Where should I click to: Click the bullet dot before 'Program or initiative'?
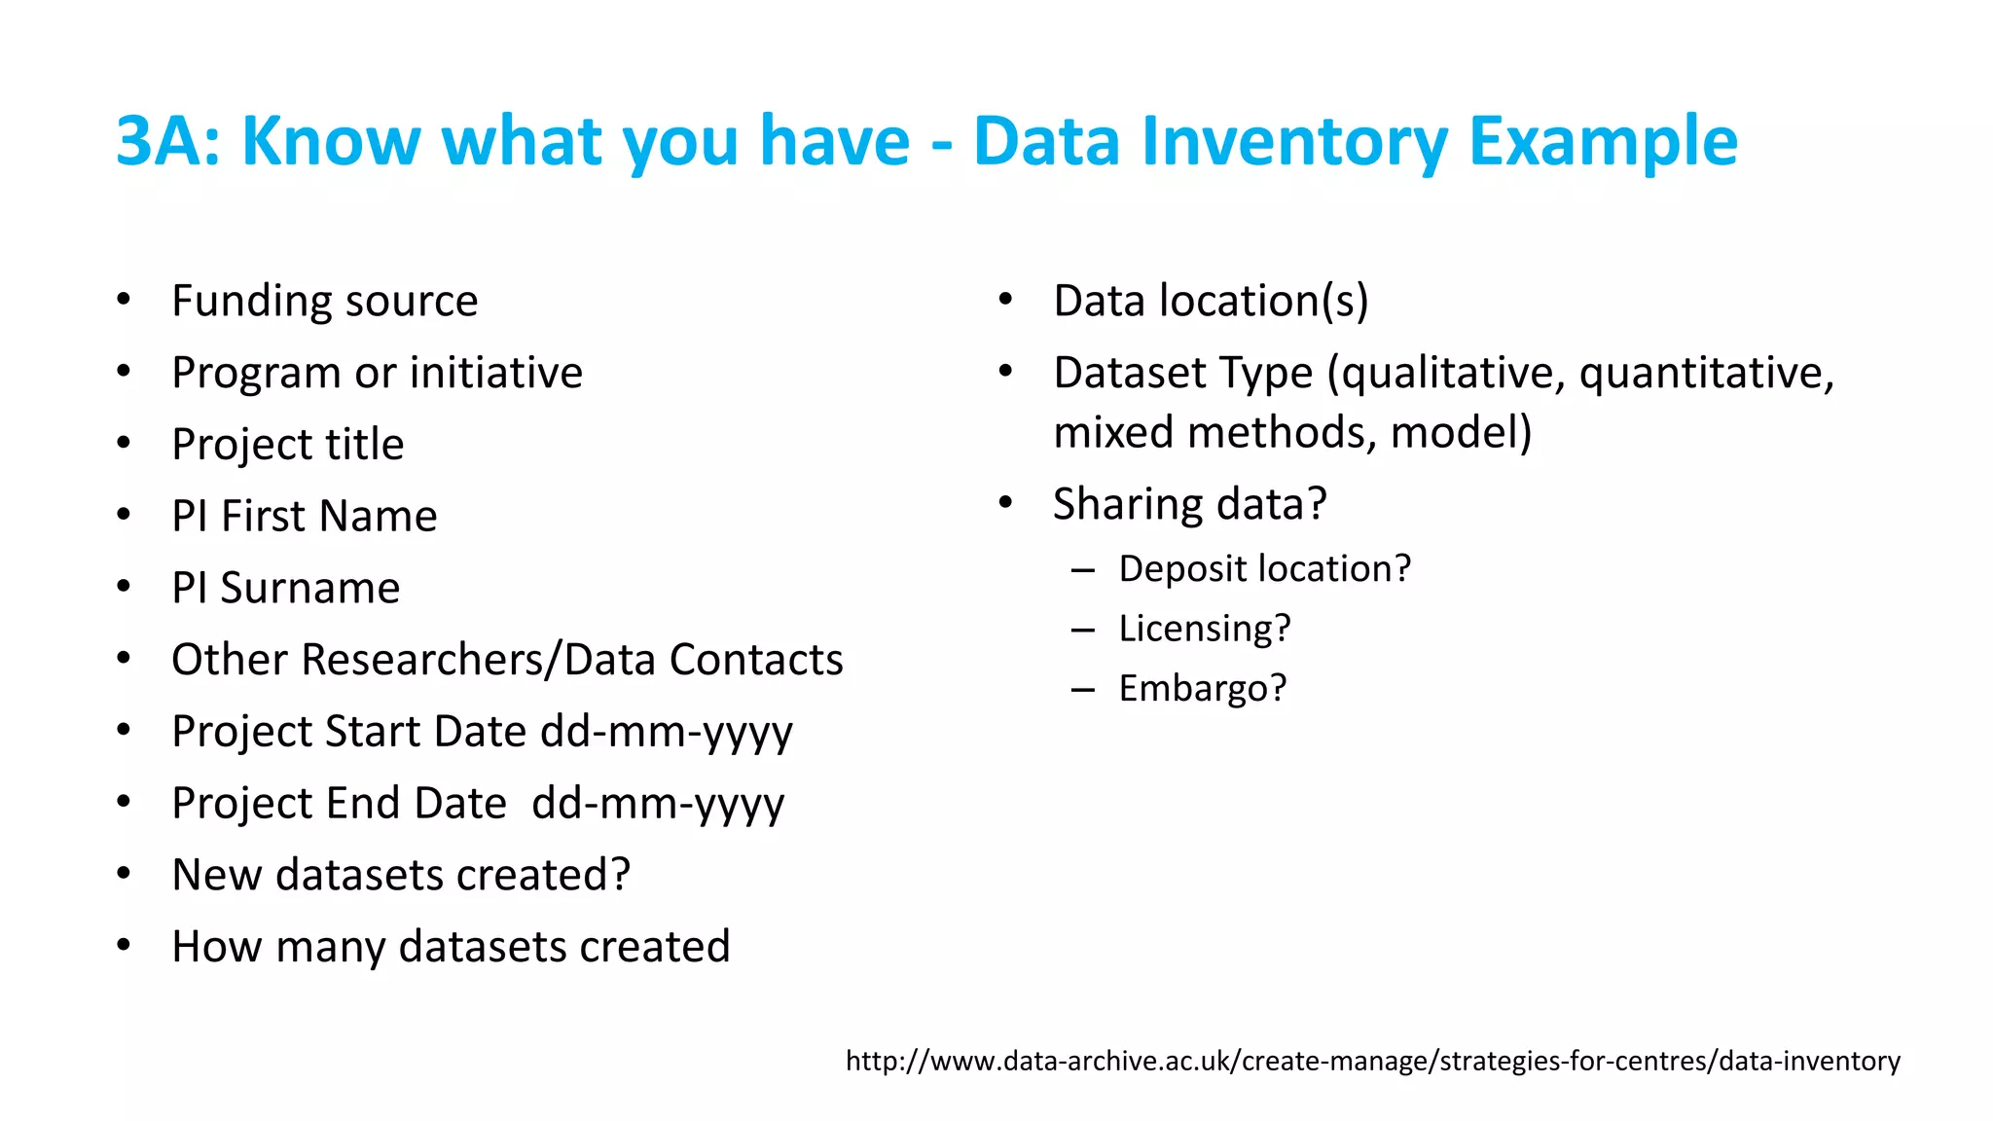(x=124, y=371)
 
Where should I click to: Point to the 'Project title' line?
(x=287, y=445)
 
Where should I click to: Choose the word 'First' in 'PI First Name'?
(x=263, y=516)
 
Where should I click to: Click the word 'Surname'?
(x=309, y=588)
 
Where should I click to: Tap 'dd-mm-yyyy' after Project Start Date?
(x=667, y=732)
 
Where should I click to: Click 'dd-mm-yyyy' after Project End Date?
(x=658, y=804)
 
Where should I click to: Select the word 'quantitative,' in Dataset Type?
(x=1706, y=373)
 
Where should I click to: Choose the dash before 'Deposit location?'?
(x=1082, y=569)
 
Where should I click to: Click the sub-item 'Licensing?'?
(x=1204, y=629)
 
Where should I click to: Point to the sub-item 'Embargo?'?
(x=1202, y=689)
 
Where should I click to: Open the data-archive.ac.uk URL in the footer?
(x=1372, y=1061)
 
